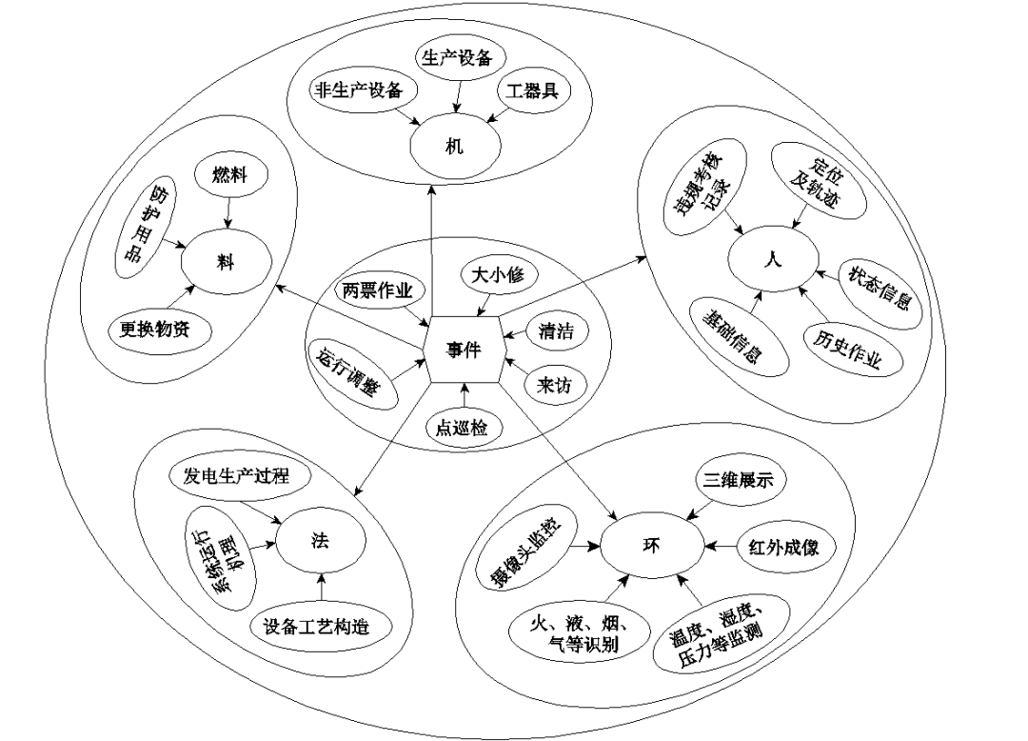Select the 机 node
point(455,148)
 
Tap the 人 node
point(773,259)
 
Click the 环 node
point(652,546)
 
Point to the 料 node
point(225,263)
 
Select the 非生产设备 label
point(358,91)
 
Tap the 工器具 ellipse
point(533,91)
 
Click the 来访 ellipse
point(556,384)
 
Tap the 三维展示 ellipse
point(740,481)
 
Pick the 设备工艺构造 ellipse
point(314,626)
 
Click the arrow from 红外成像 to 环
point(722,547)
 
